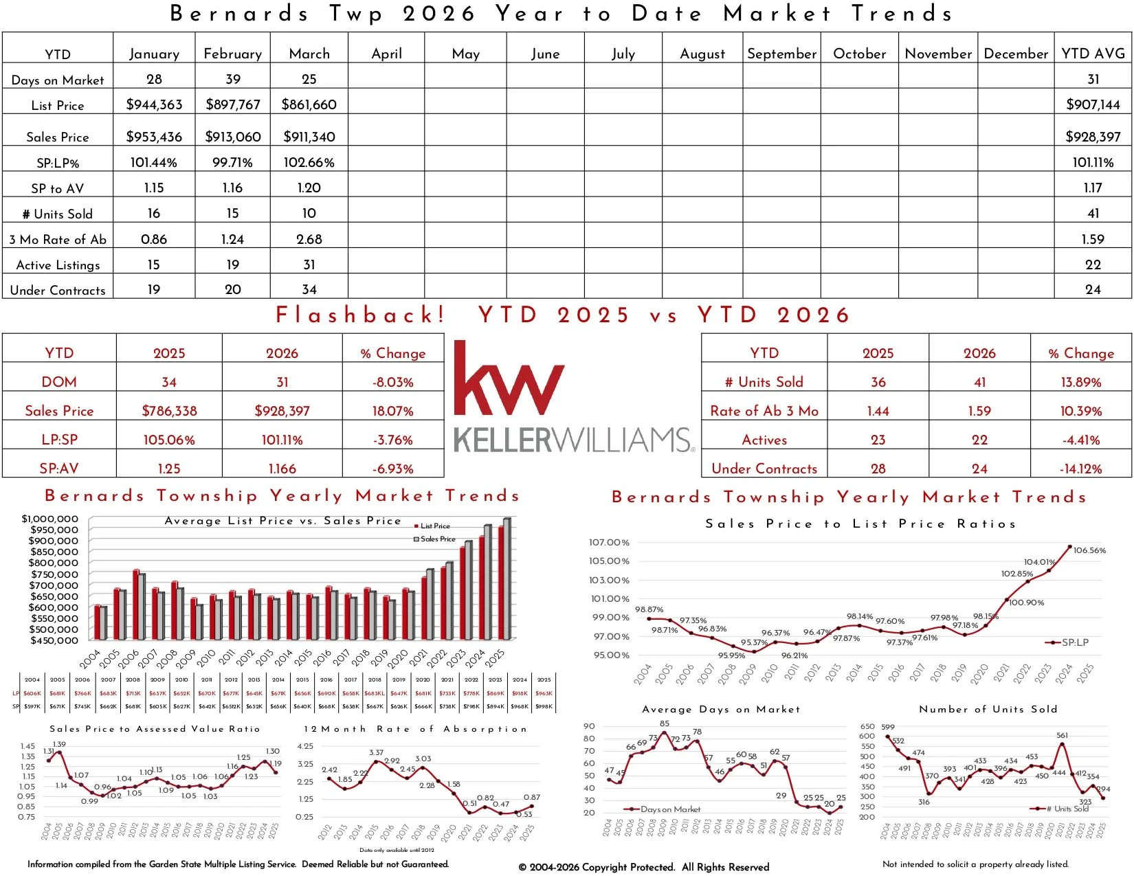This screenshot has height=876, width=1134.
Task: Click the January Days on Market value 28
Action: click(x=154, y=79)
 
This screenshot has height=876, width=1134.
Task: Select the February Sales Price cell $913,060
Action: click(x=233, y=137)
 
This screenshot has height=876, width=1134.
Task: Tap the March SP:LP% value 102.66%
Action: click(x=309, y=163)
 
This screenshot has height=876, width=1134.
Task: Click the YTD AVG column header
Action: click(x=1093, y=54)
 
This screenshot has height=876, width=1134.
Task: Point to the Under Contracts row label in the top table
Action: click(x=58, y=290)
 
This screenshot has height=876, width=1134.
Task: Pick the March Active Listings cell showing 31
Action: click(x=309, y=265)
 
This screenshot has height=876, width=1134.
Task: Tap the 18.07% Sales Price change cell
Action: click(x=393, y=411)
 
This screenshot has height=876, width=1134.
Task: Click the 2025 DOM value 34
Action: click(x=169, y=382)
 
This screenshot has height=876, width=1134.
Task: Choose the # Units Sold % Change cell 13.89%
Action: click(x=1080, y=382)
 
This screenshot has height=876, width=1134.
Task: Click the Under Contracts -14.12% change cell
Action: click(x=1080, y=469)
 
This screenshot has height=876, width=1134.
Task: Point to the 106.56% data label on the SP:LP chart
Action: click(x=1089, y=550)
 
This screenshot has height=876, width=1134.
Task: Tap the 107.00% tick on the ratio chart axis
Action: click(x=609, y=542)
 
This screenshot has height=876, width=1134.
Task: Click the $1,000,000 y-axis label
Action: click(x=50, y=519)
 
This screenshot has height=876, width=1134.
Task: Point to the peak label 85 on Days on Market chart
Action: click(x=664, y=723)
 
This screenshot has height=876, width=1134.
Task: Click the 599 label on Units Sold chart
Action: click(x=888, y=727)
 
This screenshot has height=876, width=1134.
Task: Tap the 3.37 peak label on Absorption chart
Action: click(x=376, y=753)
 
